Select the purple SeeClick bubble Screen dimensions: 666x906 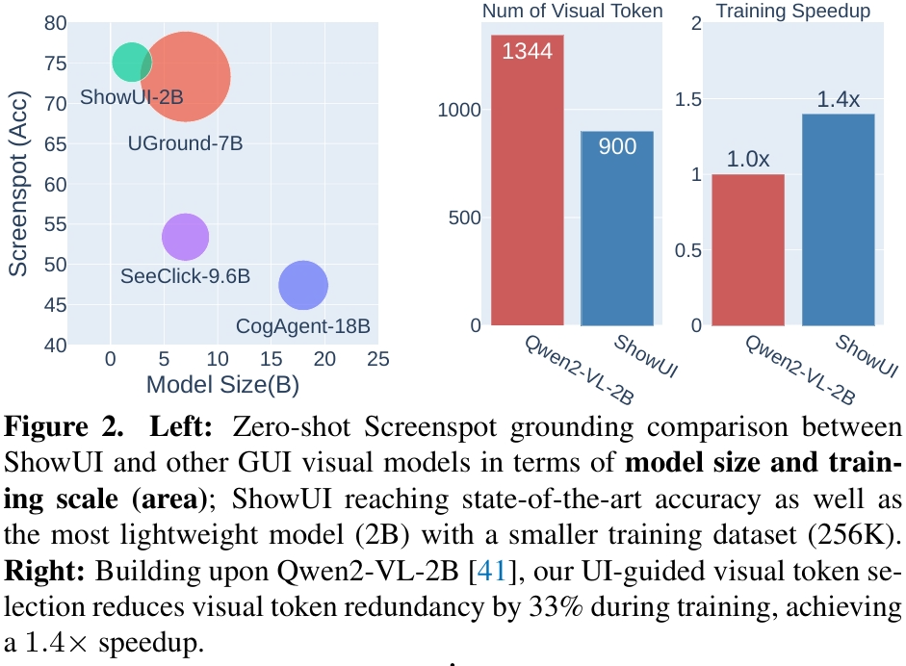pos(185,237)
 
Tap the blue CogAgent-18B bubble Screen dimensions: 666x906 pos(303,285)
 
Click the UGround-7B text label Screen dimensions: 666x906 pos(185,143)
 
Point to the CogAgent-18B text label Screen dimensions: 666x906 pos(303,326)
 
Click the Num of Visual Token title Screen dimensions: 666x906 pos(573,12)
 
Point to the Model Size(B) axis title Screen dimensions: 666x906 pos(222,386)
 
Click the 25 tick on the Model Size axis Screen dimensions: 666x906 pos(377,359)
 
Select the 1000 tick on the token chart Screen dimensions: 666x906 pos(458,110)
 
